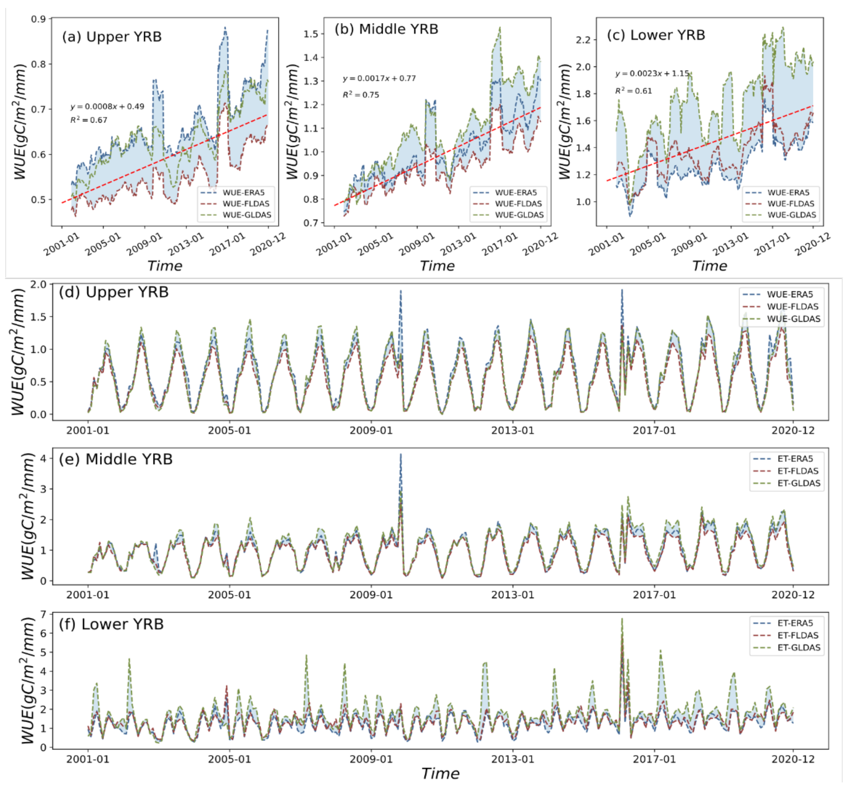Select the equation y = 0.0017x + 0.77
coord(379,79)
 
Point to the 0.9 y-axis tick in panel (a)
coord(38,19)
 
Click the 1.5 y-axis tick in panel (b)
coord(311,34)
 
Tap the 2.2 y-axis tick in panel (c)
coord(583,40)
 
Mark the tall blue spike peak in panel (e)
coord(401,455)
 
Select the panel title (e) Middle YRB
coord(116,459)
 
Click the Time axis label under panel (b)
coord(437,266)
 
